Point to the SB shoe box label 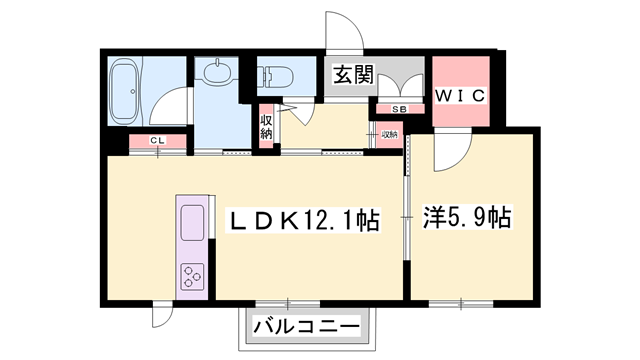[398, 109]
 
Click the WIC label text [460, 96]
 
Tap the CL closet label [157, 141]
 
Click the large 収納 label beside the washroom [267, 126]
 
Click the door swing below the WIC [452, 147]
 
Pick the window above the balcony [288, 303]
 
